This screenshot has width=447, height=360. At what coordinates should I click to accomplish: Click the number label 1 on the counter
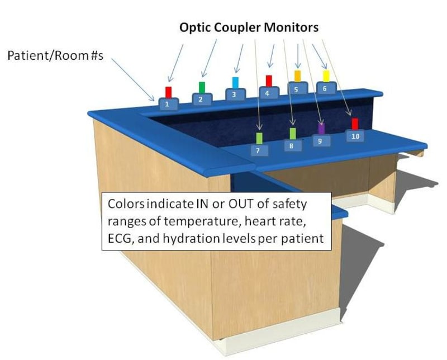[x=168, y=104]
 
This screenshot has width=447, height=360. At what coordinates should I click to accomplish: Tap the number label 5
[x=297, y=88]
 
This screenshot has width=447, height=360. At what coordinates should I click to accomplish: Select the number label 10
[x=355, y=136]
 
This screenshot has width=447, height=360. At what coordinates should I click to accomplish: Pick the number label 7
[x=258, y=150]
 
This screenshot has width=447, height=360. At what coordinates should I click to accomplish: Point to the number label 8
[x=291, y=145]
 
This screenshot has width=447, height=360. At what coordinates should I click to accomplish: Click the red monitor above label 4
[x=269, y=81]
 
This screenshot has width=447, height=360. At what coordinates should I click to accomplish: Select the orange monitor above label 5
[x=297, y=75]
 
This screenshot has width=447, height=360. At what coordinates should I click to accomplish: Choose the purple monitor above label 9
[x=321, y=128]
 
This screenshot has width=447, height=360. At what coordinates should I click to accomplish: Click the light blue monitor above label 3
[x=235, y=83]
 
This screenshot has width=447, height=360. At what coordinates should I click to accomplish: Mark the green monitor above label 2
[x=202, y=87]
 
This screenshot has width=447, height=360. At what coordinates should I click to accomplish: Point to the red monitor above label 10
[x=355, y=124]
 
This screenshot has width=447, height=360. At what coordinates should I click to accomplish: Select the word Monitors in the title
[x=294, y=27]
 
